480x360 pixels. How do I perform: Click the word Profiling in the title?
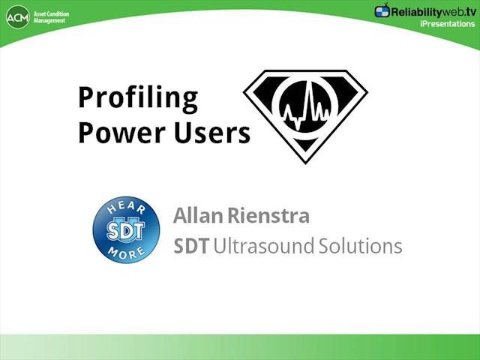pos(138,98)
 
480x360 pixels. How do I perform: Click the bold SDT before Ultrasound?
pos(191,246)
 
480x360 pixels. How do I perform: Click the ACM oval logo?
pos(18,16)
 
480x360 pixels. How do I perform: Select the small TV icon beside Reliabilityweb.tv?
pos(382,10)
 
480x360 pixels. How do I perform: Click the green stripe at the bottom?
pos(240,346)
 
